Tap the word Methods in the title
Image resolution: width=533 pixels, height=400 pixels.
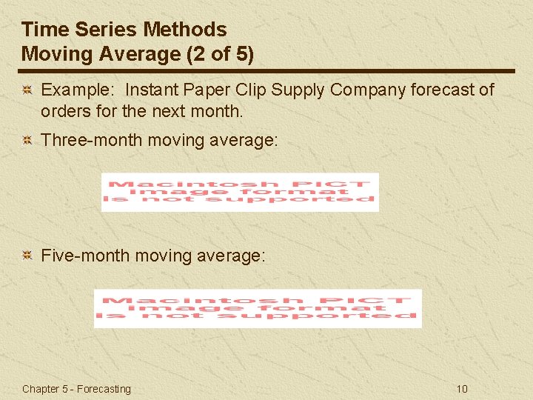[185, 30]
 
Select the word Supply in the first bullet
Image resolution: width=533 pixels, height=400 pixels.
[298, 90]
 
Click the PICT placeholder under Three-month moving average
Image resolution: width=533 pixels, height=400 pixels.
[240, 192]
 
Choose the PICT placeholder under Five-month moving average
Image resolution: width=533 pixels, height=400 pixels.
[258, 307]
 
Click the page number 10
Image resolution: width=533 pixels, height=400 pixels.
[462, 389]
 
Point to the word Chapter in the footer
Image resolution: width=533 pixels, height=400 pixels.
[41, 389]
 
